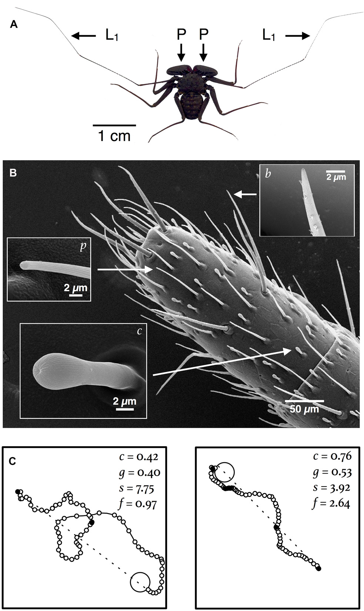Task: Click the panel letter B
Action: coord(13,173)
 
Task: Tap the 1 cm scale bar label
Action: coord(114,136)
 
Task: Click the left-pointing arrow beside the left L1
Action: coord(83,36)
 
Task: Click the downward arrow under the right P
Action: coord(203,52)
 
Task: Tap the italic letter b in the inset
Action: coord(268,174)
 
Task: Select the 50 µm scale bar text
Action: coord(304,409)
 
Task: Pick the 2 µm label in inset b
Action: coord(335,177)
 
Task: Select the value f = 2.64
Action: coord(331,503)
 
